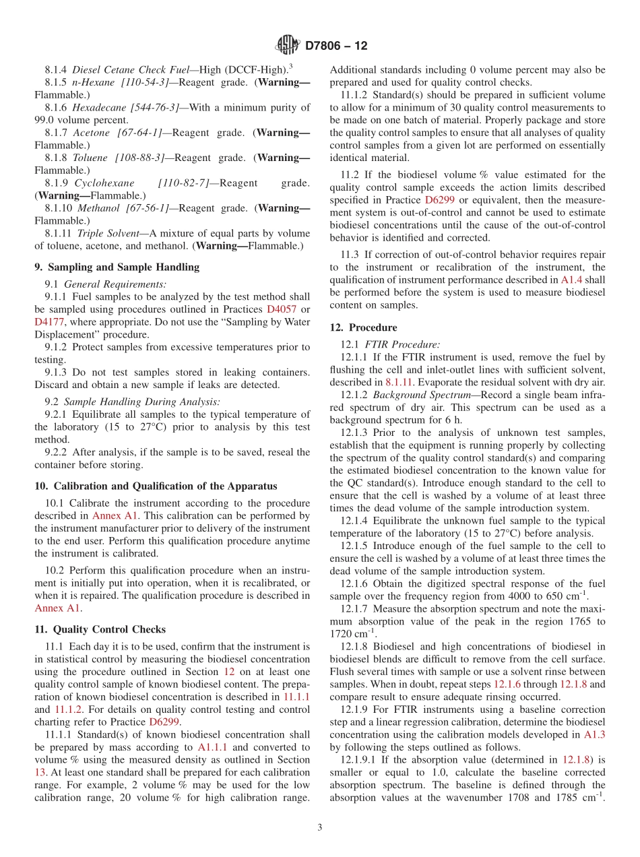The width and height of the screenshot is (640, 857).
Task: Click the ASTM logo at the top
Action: click(287, 46)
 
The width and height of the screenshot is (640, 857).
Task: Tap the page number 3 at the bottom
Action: click(319, 827)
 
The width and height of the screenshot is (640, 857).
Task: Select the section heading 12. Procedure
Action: click(363, 327)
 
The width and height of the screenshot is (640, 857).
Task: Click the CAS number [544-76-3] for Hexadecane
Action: click(154, 107)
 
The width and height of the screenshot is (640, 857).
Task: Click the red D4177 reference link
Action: click(49, 322)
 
